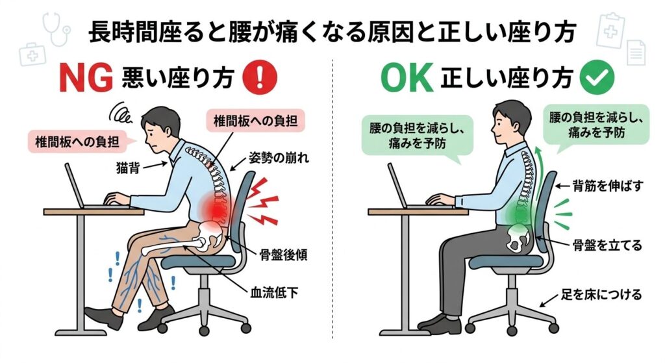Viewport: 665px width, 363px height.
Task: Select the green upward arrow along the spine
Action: pyautogui.click(x=538, y=169)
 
